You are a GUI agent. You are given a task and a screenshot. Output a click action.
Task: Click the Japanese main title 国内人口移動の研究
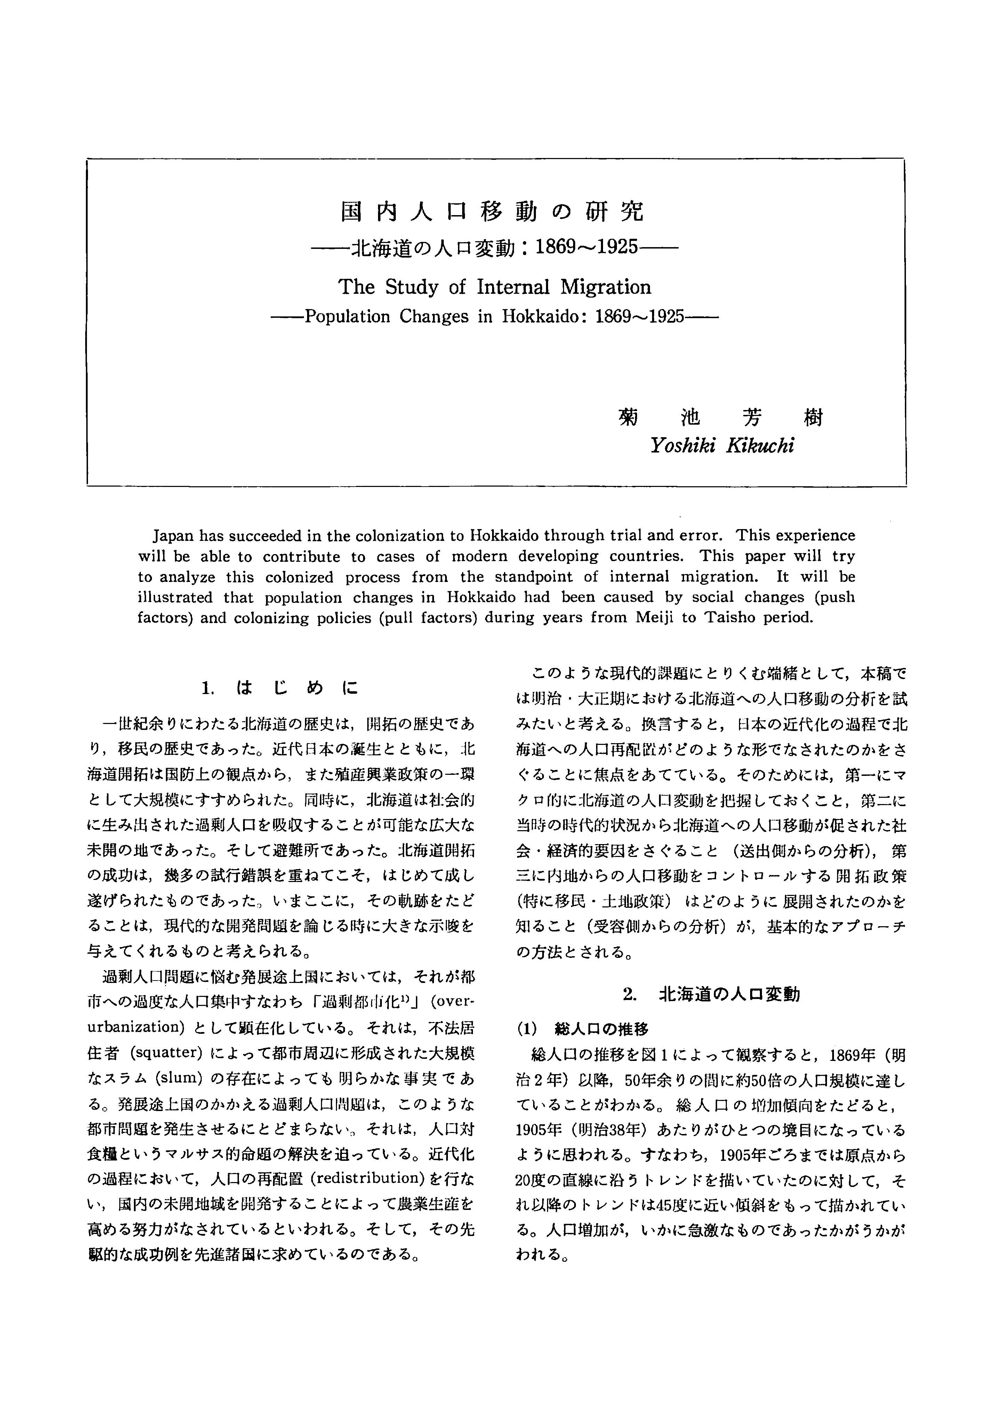click(x=492, y=212)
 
